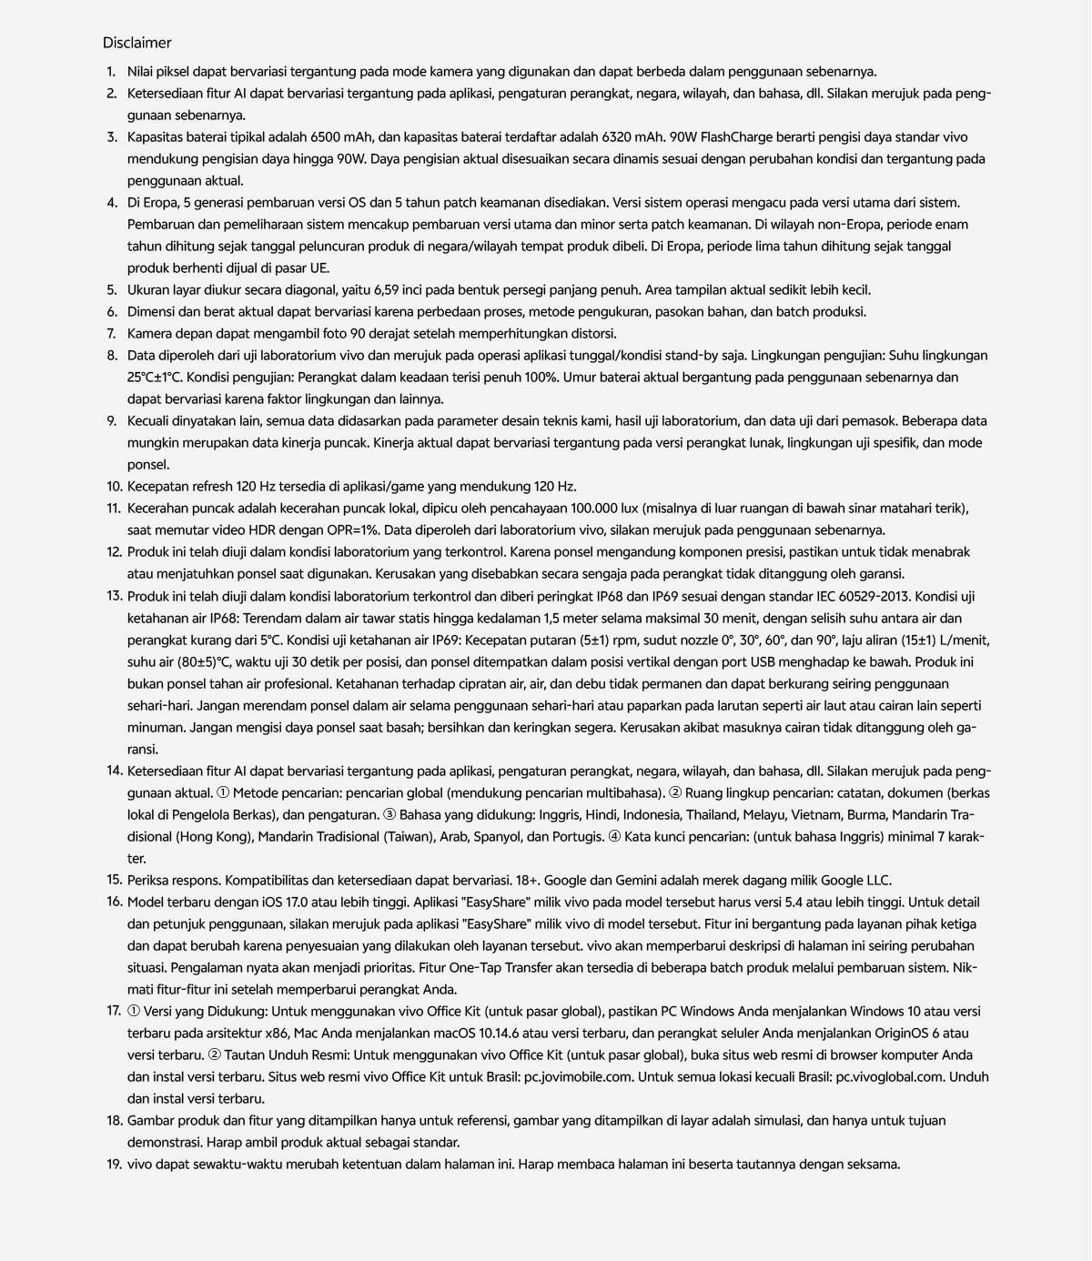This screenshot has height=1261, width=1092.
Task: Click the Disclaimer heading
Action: [136, 43]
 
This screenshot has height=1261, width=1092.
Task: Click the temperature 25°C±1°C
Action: [156, 378]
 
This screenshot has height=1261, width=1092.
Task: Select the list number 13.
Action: [114, 597]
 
